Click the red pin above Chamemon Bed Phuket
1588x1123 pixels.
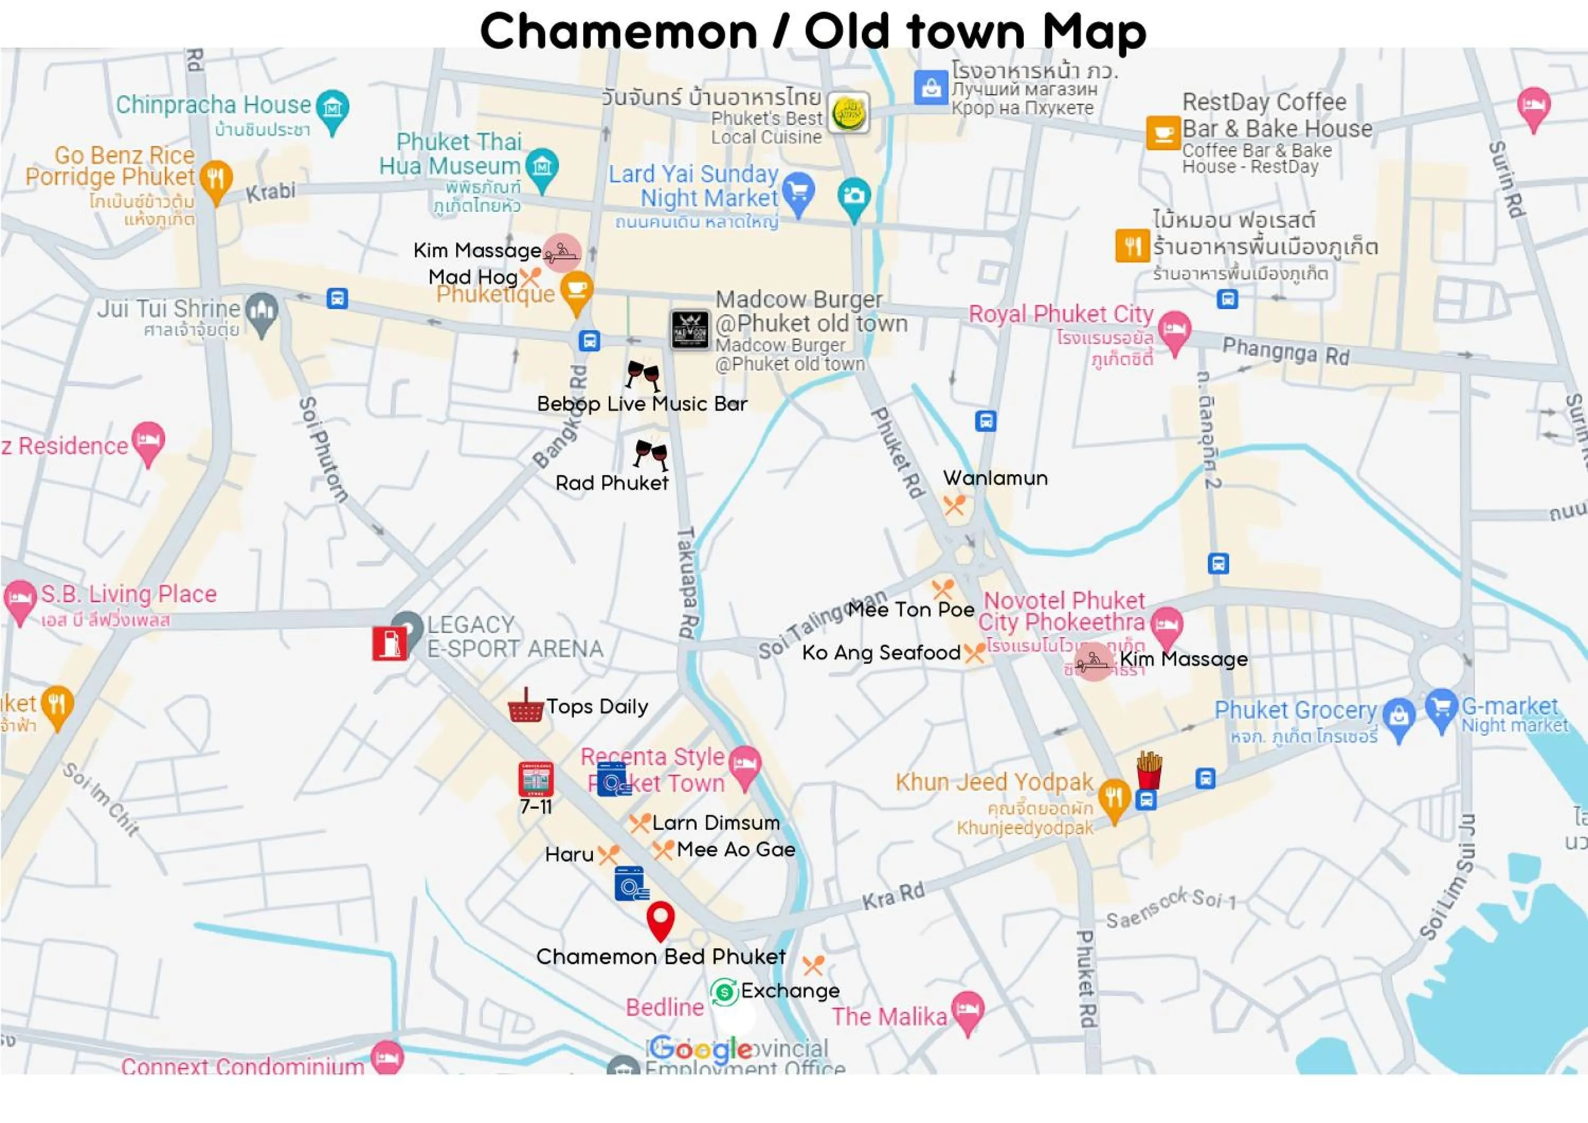coord(660,920)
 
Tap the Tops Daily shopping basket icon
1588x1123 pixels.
coord(525,706)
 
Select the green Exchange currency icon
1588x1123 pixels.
coord(724,992)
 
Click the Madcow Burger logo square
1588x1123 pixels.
coord(690,329)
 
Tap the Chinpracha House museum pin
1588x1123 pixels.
coord(332,108)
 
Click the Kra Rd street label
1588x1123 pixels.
coord(893,896)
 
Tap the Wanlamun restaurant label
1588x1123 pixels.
coord(995,478)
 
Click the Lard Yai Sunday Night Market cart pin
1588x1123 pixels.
coord(798,191)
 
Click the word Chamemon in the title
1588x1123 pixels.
coord(619,32)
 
